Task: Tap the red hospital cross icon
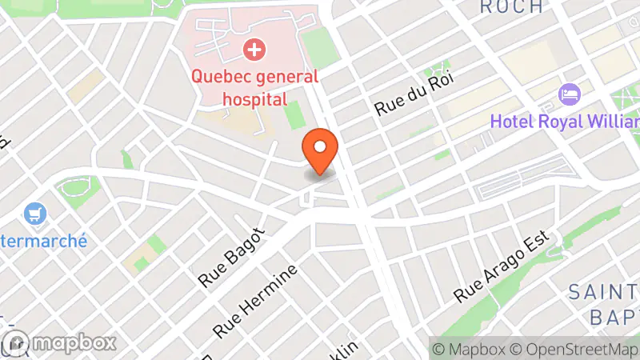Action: click(254, 50)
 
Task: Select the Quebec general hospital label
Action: click(254, 88)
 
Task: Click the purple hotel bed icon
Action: click(570, 94)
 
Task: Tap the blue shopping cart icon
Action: click(35, 214)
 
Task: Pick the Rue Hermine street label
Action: click(255, 299)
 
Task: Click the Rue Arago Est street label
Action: click(504, 267)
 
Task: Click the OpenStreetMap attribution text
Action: click(579, 349)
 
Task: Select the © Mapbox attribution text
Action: click(470, 349)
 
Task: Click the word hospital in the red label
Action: click(254, 99)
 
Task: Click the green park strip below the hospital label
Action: click(295, 114)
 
